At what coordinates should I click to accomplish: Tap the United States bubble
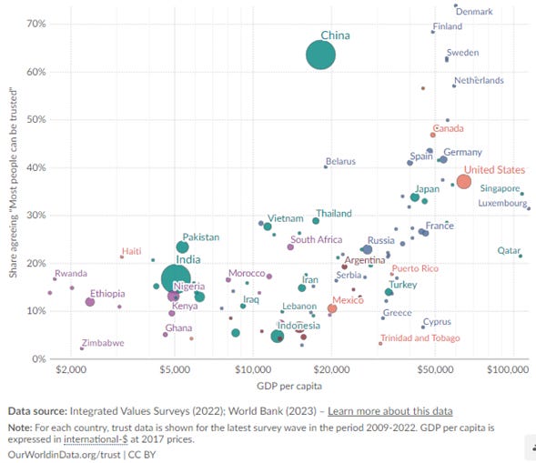[463, 182]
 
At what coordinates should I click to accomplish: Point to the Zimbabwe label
[103, 344]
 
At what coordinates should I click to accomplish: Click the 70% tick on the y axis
[36, 22]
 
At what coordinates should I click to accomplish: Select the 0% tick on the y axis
[39, 358]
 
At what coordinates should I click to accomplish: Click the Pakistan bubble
[182, 247]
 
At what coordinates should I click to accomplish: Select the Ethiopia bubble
[90, 302]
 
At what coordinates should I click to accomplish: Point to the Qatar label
[509, 250]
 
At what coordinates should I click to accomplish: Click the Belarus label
[340, 162]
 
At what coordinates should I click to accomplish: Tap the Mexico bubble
[332, 309]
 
